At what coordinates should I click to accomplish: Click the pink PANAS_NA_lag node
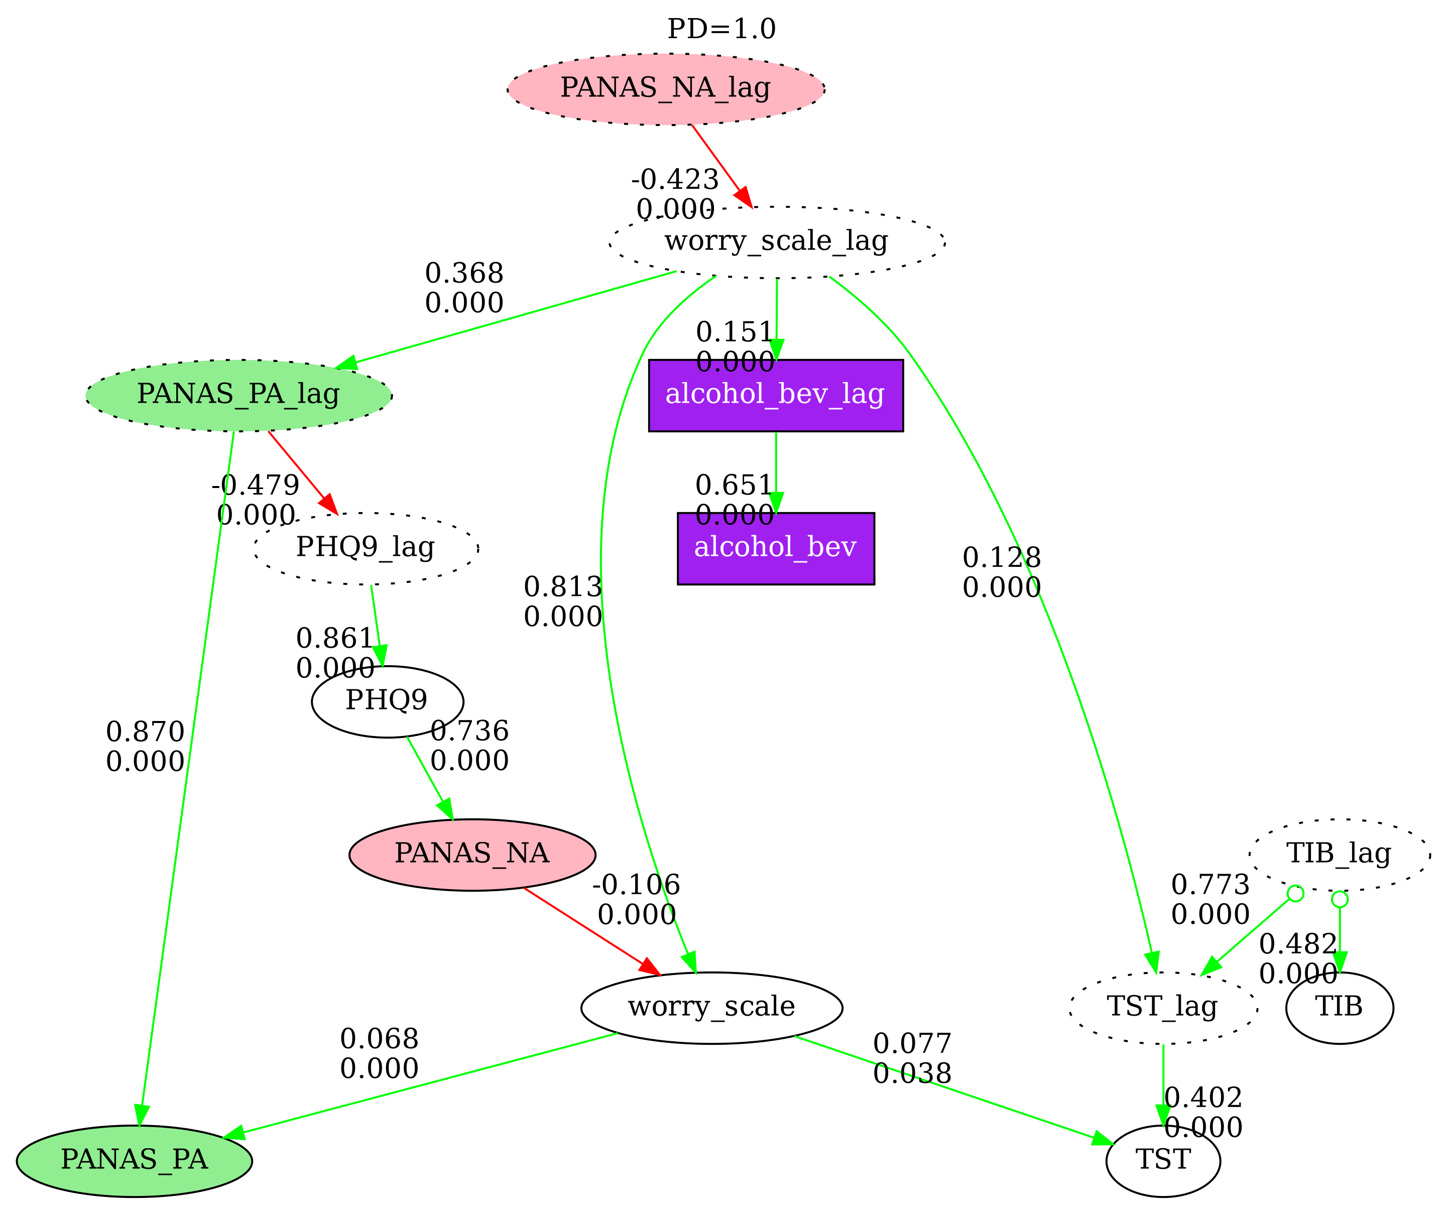[665, 89]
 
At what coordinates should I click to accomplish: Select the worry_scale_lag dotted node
[776, 242]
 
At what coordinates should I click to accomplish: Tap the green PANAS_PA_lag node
[238, 396]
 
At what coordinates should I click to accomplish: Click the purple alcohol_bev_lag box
[776, 396]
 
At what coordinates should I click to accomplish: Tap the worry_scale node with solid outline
[711, 1009]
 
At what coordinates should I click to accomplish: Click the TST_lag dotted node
[1163, 1009]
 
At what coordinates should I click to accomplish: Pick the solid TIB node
[1339, 1009]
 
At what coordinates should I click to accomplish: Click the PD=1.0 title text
[722, 30]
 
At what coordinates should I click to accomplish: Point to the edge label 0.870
[145, 732]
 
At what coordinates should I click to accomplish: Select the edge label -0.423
[675, 180]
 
